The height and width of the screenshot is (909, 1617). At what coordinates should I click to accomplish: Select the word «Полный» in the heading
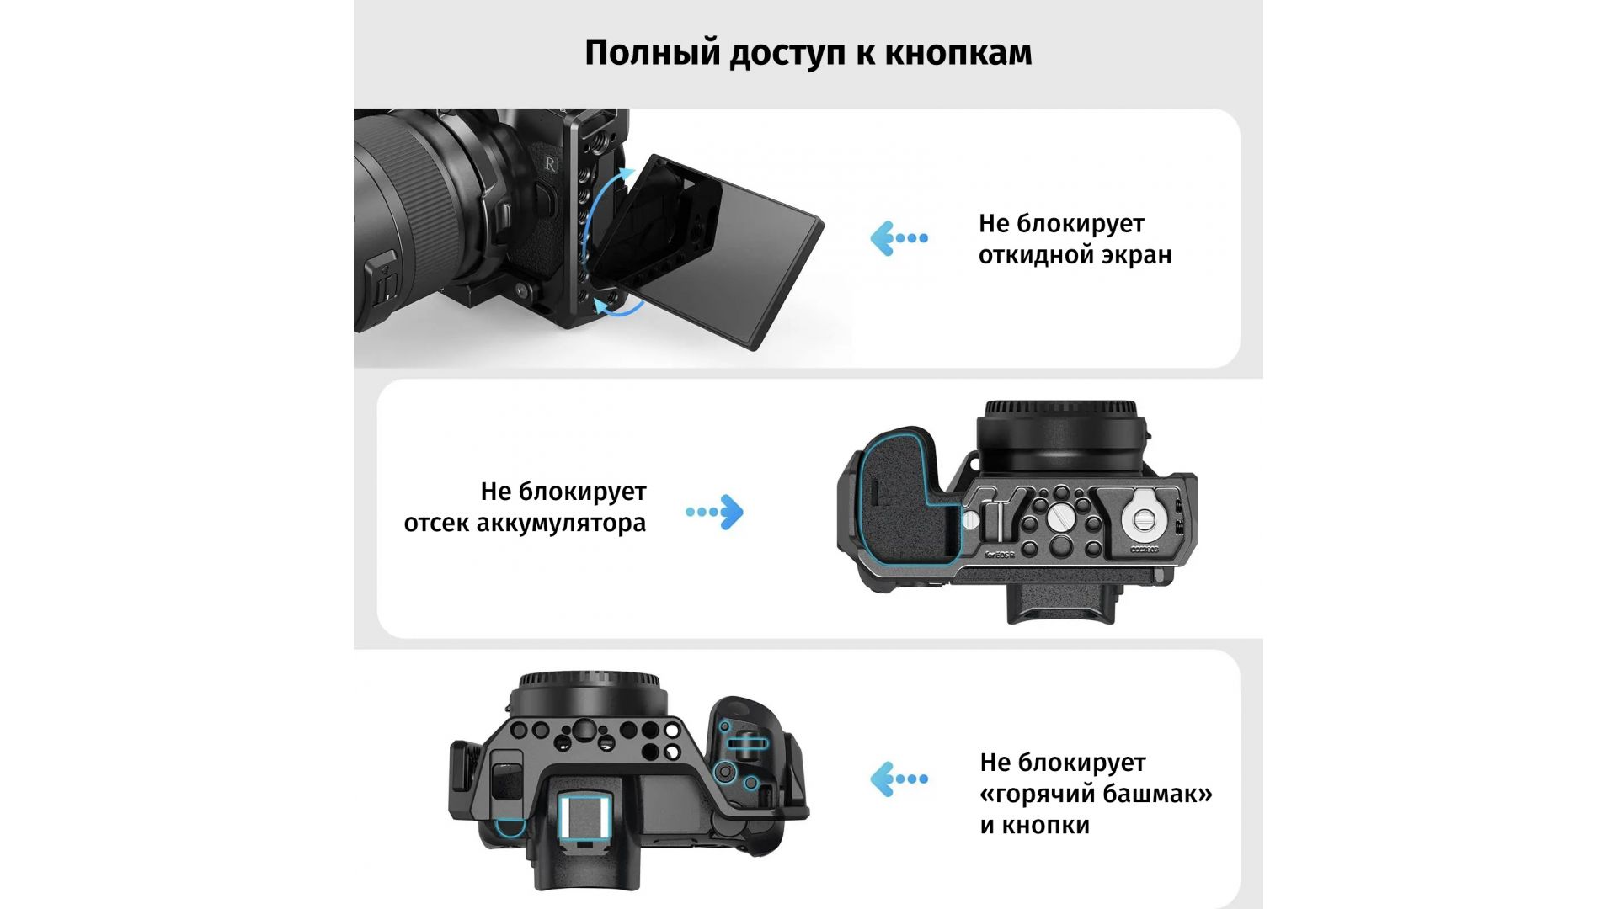click(653, 53)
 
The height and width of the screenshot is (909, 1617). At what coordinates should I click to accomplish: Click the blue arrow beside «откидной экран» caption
click(899, 238)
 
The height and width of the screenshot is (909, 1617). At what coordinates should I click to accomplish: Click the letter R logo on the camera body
click(550, 164)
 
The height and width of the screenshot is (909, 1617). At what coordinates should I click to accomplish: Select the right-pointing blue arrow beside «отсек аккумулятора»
click(714, 512)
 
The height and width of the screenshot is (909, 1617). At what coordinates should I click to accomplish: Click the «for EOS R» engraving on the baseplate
click(1000, 554)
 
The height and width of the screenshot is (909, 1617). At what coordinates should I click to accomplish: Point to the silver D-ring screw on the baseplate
click(1143, 519)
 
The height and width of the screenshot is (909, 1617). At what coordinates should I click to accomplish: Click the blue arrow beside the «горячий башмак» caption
click(899, 779)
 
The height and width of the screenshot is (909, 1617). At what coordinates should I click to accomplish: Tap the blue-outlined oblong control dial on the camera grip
click(746, 744)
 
